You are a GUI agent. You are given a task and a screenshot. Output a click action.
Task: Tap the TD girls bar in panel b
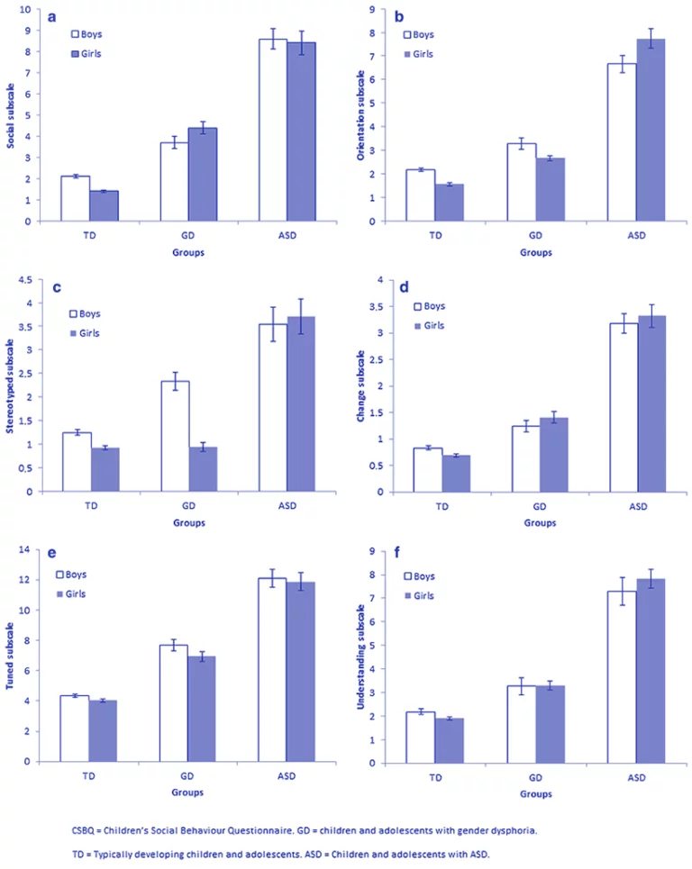[449, 203]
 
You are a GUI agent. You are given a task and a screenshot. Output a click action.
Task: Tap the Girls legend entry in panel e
[71, 593]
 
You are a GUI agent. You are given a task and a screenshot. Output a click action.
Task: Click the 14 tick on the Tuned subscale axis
[34, 550]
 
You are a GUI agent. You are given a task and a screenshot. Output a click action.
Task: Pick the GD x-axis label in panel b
[536, 235]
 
